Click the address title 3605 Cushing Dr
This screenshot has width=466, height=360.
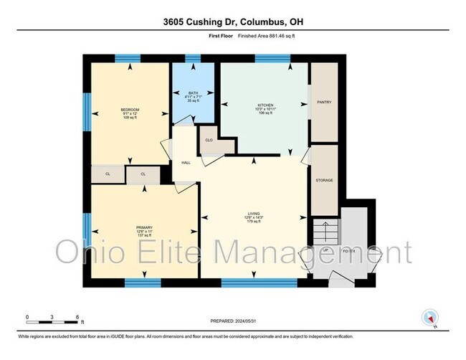[x=233, y=21]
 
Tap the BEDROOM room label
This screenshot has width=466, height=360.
[x=129, y=110]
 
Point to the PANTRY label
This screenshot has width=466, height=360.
[x=323, y=103]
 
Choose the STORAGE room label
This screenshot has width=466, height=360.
[x=324, y=180]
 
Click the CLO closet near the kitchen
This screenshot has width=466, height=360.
[x=209, y=141]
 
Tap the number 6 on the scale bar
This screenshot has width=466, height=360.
[x=77, y=316]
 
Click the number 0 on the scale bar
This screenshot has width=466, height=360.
[x=27, y=316]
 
